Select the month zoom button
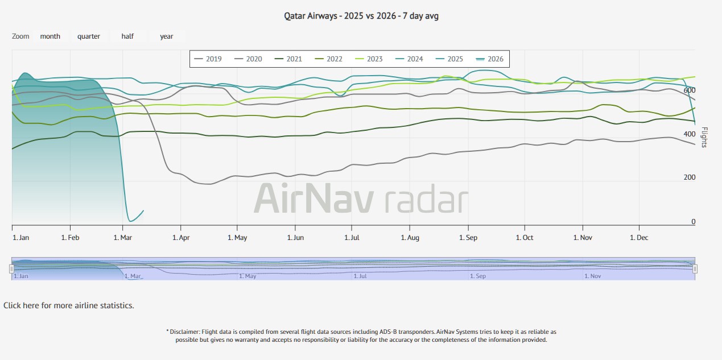pyautogui.click(x=50, y=36)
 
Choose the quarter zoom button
pyautogui.click(x=89, y=36)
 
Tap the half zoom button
pyautogui.click(x=127, y=36)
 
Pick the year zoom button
pyautogui.click(x=167, y=36)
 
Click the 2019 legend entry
pyautogui.click(x=208, y=59)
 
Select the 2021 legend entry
pyautogui.click(x=288, y=59)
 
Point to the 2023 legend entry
pyautogui.click(x=369, y=59)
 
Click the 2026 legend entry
pyautogui.click(x=490, y=59)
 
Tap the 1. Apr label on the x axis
pyautogui.click(x=181, y=238)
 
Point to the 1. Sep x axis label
pyautogui.click(x=468, y=238)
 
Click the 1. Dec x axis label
pyautogui.click(x=639, y=238)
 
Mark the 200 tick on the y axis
pyautogui.click(x=690, y=177)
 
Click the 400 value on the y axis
pyautogui.click(x=690, y=134)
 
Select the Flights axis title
pyautogui.click(x=705, y=137)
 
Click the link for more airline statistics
pyautogui.click(x=69, y=305)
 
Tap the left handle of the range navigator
pyautogui.click(x=11, y=268)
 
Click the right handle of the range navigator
pyautogui.click(x=695, y=268)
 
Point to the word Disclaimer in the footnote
pyautogui.click(x=185, y=332)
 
